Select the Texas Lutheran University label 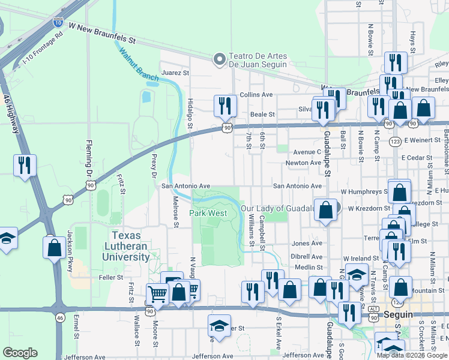(x=130, y=246)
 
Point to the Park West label (x=208, y=213)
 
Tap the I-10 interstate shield (x=58, y=22)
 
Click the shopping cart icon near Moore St (x=157, y=294)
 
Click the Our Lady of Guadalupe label (x=277, y=208)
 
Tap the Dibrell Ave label (x=307, y=256)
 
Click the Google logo (x=20, y=353)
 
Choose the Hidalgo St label (x=190, y=113)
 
